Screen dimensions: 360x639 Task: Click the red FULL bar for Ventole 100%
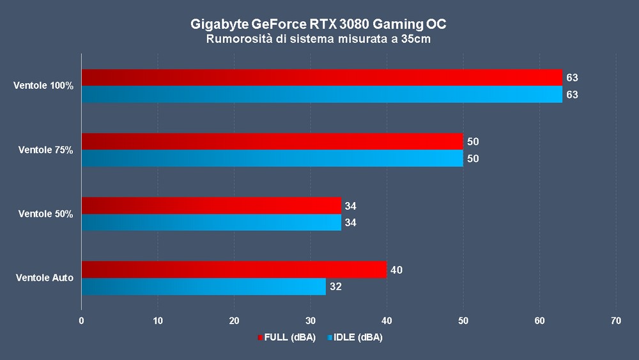pos(321,77)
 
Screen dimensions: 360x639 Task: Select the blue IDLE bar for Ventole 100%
pos(321,95)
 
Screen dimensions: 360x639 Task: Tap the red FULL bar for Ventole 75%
pos(272,141)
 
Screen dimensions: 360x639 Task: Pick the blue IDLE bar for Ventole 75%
pos(272,159)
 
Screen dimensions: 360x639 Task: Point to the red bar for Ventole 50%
pos(211,205)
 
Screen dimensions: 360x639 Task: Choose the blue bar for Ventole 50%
pos(211,223)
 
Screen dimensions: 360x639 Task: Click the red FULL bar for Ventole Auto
pos(234,269)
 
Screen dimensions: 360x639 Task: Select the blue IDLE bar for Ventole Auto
pos(203,286)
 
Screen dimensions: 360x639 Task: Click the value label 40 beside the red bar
pos(396,270)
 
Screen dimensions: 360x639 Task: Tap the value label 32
pos(335,287)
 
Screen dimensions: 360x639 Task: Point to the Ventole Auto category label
pos(45,278)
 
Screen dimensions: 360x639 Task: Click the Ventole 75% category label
pos(46,150)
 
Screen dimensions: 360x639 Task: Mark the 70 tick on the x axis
pos(615,321)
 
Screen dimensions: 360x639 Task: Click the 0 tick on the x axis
pos(82,321)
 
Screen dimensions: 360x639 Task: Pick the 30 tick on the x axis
pos(311,321)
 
